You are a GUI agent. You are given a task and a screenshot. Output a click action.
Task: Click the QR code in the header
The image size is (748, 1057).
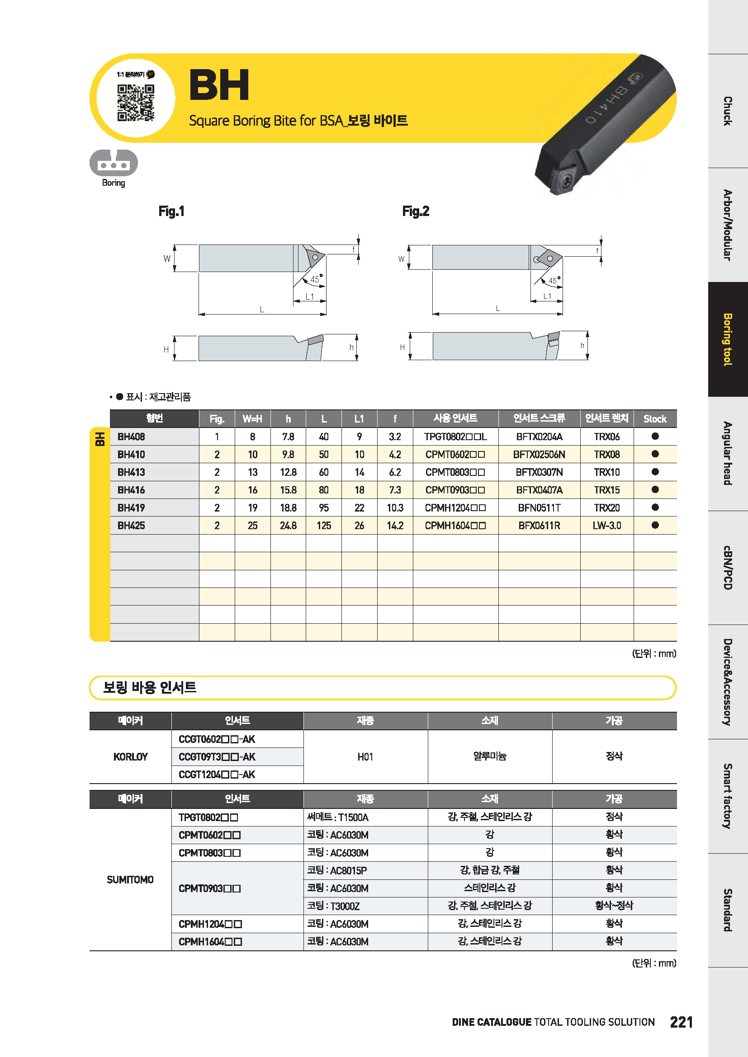point(135,102)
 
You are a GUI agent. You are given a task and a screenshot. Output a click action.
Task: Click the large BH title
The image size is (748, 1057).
point(219,85)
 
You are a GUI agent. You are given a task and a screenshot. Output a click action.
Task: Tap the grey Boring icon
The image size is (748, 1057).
point(114,163)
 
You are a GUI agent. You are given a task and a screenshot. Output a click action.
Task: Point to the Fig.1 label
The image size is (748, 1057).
point(171,211)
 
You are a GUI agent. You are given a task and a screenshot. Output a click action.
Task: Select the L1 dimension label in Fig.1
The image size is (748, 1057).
point(309,296)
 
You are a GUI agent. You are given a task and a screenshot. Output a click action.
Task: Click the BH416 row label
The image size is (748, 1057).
point(131,490)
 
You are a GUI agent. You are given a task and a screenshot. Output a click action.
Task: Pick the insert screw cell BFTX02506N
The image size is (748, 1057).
point(539,454)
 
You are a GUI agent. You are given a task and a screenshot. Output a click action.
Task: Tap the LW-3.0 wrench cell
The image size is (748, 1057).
point(606,525)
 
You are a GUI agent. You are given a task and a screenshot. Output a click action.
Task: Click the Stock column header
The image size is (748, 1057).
point(654,418)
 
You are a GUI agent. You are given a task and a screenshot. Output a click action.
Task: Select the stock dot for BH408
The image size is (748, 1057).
point(655,436)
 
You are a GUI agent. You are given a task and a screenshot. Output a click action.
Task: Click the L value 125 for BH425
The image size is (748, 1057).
point(324,525)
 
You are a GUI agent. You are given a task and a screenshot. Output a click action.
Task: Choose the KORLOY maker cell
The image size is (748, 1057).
point(130,757)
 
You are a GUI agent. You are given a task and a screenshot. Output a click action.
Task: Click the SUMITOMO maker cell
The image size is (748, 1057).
point(130,879)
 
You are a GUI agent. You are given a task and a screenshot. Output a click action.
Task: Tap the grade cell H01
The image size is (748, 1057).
point(365,757)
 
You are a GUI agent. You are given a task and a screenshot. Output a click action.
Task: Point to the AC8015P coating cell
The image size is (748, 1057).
point(338,870)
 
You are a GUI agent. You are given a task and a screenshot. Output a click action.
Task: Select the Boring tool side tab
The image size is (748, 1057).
point(728,339)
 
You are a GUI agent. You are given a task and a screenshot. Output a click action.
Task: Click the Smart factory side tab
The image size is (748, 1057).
point(728,796)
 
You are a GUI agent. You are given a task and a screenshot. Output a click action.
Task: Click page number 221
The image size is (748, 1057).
point(681,1022)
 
